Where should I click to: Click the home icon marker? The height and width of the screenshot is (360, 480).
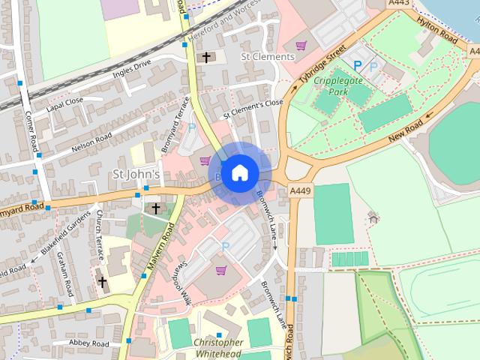(x=238, y=173)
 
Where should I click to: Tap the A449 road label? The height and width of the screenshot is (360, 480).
(x=301, y=192)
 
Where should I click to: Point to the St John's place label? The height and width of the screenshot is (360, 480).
(x=136, y=174)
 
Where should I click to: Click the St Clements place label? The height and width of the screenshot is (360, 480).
(x=267, y=56)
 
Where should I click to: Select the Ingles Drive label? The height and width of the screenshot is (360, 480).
(x=132, y=71)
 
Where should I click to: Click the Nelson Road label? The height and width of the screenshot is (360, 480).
(x=91, y=142)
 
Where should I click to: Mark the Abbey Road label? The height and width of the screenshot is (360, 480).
(x=89, y=343)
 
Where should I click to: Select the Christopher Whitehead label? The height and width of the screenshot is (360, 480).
(x=218, y=348)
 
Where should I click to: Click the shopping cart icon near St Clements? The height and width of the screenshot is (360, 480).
(x=301, y=46)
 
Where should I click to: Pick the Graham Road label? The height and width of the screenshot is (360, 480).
(x=64, y=273)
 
